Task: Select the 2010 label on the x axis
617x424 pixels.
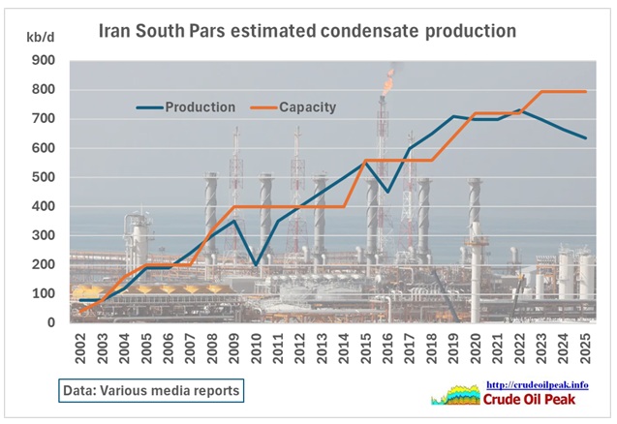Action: point(255,345)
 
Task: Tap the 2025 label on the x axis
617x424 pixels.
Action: point(584,345)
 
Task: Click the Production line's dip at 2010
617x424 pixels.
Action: point(255,264)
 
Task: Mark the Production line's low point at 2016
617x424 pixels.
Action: point(386,192)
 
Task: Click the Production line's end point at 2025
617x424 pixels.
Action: point(584,138)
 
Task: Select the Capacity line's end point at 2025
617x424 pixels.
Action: point(584,92)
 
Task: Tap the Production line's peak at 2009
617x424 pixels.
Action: point(233,221)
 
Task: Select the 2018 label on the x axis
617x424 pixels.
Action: point(430,345)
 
